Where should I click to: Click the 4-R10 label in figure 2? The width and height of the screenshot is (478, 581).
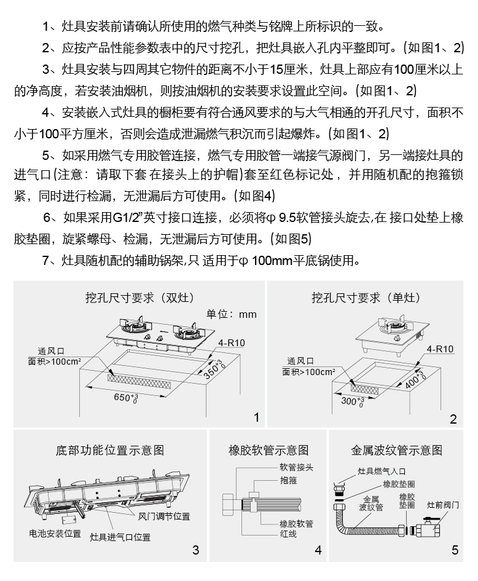pyautogui.click(x=440, y=349)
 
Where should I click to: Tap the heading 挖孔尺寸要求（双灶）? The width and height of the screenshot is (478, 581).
pyautogui.click(x=139, y=298)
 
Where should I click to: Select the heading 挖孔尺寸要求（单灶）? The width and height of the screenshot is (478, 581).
pyautogui.click(x=366, y=298)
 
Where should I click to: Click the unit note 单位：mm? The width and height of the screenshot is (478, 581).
pyautogui.click(x=231, y=314)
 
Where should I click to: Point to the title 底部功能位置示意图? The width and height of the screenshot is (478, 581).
pyautogui.click(x=110, y=450)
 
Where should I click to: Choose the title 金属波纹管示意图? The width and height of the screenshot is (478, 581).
pyautogui.click(x=397, y=450)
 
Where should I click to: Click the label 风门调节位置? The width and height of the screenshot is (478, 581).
pyautogui.click(x=164, y=515)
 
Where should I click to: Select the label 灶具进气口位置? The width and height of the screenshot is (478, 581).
pyautogui.click(x=120, y=537)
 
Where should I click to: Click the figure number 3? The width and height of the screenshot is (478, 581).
pyautogui.click(x=195, y=550)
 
